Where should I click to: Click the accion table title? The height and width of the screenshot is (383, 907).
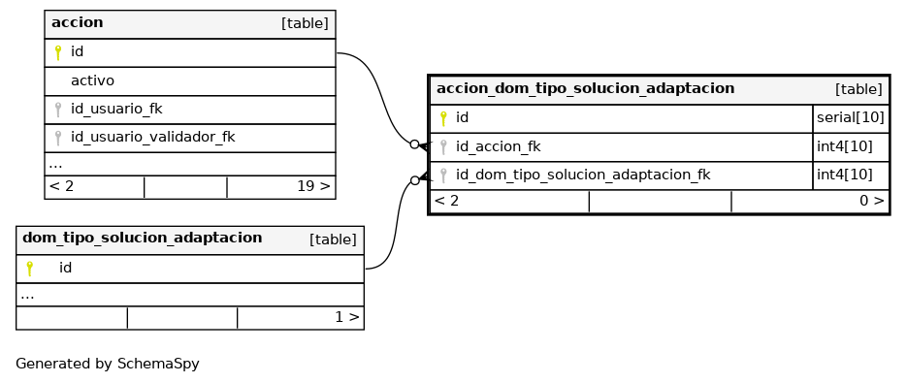[x=77, y=22]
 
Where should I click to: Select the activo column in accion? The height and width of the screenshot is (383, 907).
[x=92, y=81]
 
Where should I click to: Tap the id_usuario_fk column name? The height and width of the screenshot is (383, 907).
[x=116, y=110]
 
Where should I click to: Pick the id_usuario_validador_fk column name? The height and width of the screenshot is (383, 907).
[x=152, y=138]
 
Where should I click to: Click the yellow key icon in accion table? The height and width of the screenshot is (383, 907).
[x=58, y=52]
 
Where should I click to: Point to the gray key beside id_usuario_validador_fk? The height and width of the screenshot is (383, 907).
[x=58, y=139]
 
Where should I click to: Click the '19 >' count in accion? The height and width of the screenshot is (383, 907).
[x=313, y=186]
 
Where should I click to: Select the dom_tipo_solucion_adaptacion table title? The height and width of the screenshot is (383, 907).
[x=143, y=238]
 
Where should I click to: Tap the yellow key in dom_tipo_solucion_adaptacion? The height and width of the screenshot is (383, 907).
[x=29, y=269]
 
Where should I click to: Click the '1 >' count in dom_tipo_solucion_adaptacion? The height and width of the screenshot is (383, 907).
[x=347, y=317]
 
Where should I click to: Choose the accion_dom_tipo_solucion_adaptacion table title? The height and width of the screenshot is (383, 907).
[x=585, y=88]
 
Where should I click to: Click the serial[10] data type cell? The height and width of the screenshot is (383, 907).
[x=851, y=118]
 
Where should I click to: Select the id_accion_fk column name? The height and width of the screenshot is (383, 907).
[x=498, y=147]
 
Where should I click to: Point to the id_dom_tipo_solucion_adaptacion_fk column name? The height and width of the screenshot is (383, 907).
[x=583, y=176]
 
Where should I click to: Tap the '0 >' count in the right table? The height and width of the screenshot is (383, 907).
[x=872, y=201]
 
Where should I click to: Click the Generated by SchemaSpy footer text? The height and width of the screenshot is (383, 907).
[x=108, y=364]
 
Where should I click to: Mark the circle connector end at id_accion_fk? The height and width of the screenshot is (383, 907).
[x=415, y=144]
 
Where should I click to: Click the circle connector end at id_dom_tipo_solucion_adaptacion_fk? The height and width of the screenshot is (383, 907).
[x=415, y=181]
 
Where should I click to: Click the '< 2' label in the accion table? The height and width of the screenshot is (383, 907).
[x=61, y=186]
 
